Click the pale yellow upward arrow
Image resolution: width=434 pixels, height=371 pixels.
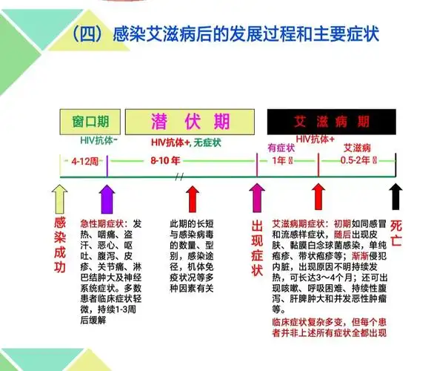(59, 198)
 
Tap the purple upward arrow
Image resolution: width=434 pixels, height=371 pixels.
(106, 198)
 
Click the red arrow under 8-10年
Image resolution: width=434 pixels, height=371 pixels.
(193, 198)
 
